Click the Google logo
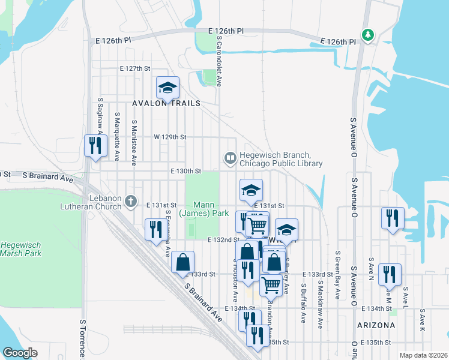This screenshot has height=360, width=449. [x=20, y=353]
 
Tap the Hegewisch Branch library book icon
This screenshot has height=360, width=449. [x=230, y=158]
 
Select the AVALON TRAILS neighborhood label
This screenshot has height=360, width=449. [x=169, y=103]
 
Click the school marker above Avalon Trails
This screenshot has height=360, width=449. [x=167, y=89]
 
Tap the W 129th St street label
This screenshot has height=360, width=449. [x=170, y=137]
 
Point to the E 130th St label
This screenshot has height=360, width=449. [x=185, y=171]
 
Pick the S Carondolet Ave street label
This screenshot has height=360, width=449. [x=220, y=60]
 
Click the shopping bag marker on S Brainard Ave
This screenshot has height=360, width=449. [x=182, y=262]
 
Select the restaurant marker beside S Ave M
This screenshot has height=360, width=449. [x=390, y=274]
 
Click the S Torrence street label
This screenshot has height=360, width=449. [x=83, y=339]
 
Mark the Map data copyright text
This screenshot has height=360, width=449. [x=423, y=355]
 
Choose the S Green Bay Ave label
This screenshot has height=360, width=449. [x=339, y=275]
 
